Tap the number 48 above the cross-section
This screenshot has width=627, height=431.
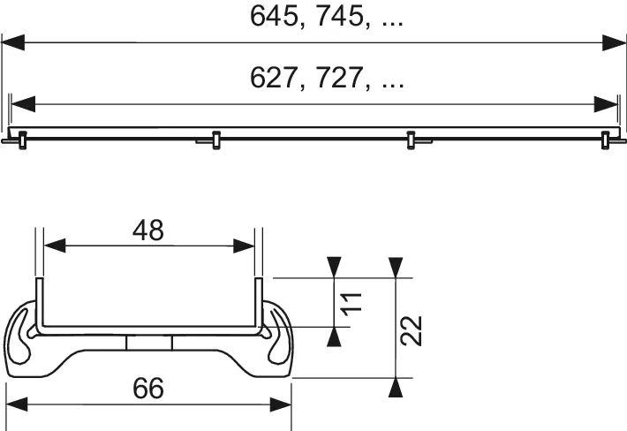pyautogui.click(x=148, y=231)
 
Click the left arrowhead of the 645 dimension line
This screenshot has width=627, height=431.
pyautogui.click(x=12, y=41)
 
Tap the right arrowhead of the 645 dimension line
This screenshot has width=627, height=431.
pyautogui.click(x=615, y=41)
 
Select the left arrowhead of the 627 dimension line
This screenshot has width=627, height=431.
pyautogui.click(x=22, y=104)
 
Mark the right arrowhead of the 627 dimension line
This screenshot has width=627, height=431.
pyautogui.click(x=607, y=104)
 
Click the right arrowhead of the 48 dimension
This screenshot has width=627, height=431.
pyautogui.click(x=246, y=247)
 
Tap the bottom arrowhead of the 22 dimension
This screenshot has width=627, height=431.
pyautogui.click(x=397, y=386)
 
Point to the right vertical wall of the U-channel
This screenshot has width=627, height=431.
pyautogui.click(x=259, y=305)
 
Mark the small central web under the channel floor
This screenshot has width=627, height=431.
pyautogui.click(x=148, y=344)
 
